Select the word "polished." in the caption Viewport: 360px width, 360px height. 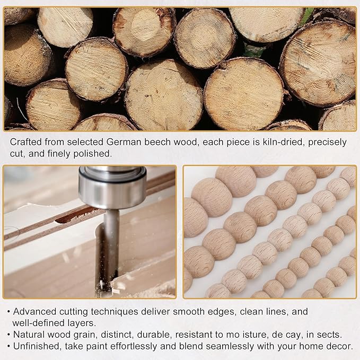pos(93,154)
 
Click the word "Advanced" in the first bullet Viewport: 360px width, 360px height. pos(34,312)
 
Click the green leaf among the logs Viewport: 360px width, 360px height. pos(307,15)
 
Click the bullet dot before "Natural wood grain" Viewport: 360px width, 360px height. pos(8,335)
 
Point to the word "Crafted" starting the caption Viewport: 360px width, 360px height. pos(25,142)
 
